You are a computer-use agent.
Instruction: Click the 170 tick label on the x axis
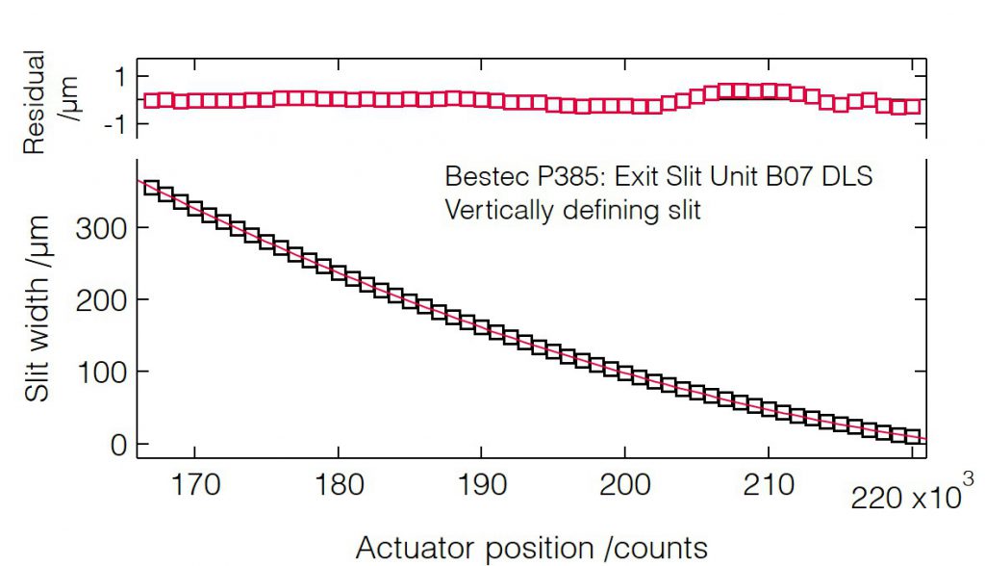(x=194, y=484)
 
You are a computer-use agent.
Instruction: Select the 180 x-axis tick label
(x=338, y=484)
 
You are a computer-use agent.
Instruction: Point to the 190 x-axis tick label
(x=481, y=484)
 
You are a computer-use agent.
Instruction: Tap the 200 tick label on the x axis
(x=624, y=484)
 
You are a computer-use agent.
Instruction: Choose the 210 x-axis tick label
(x=768, y=484)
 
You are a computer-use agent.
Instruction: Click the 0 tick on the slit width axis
(x=117, y=445)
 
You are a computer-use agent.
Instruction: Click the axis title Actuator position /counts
(x=532, y=547)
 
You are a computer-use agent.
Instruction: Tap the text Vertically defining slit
(x=572, y=210)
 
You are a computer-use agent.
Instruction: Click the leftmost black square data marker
(x=152, y=188)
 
